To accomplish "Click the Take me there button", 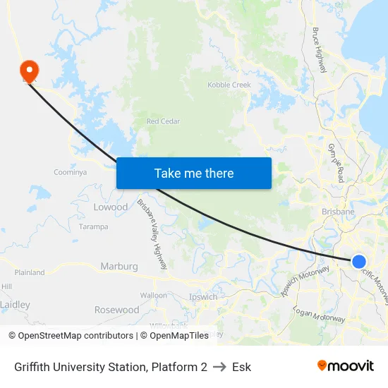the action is click(193, 173).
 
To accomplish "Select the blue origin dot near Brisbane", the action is click(358, 261).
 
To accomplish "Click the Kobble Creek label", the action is click(229, 85).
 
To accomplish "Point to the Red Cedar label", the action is click(163, 121).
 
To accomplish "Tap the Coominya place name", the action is click(70, 172).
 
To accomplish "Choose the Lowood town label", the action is click(111, 207).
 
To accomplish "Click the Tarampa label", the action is click(93, 226).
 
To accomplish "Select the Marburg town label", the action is click(119, 266).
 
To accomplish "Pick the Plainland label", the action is click(30, 272).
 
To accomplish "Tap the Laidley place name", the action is click(15, 305).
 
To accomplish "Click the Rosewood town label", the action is click(116, 310).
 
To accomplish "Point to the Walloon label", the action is click(153, 295).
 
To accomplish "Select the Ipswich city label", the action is click(203, 297).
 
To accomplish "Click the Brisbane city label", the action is click(337, 212).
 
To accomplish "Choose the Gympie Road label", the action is click(335, 163).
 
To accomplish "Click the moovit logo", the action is click(346, 366).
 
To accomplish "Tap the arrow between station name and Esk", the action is click(219, 367).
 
